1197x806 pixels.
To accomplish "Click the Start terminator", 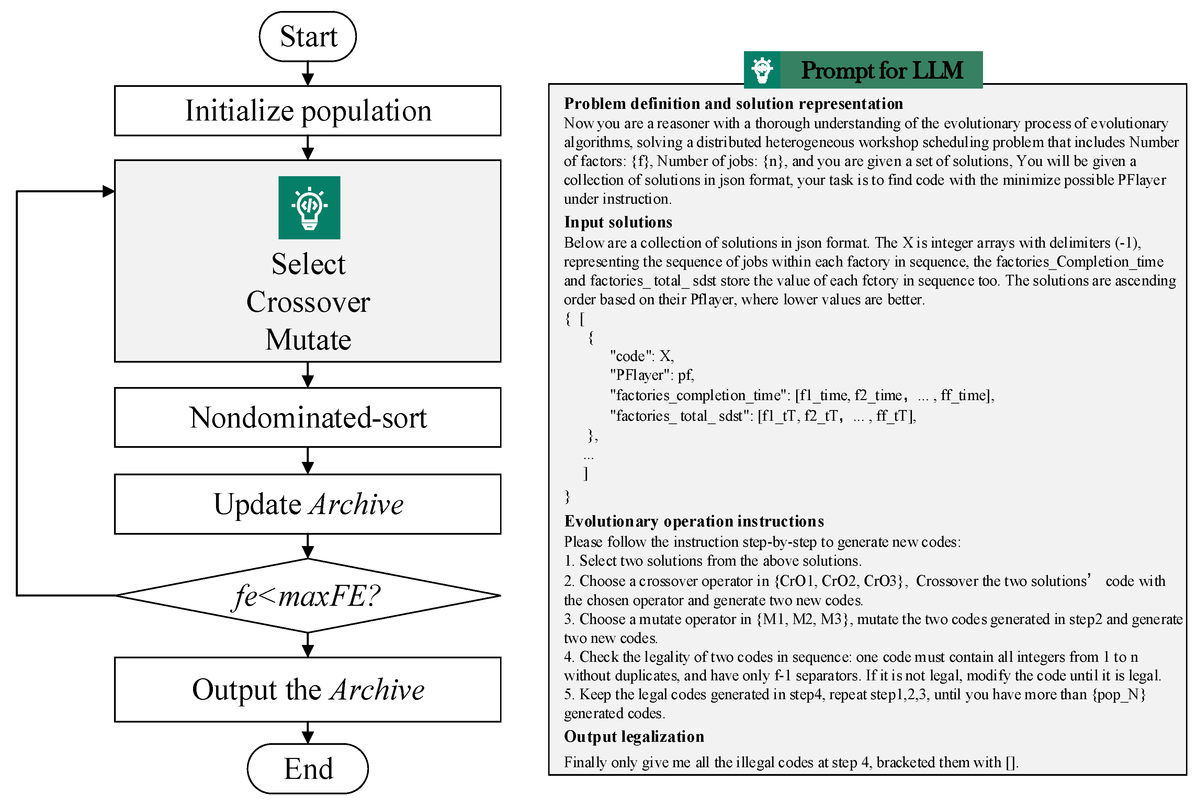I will (307, 36).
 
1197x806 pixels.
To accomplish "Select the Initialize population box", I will (307, 111).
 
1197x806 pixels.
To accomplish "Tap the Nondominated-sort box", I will (307, 417).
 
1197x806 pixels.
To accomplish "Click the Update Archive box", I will (307, 504).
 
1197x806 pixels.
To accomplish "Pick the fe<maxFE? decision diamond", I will (307, 595).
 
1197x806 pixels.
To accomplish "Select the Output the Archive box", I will (307, 689).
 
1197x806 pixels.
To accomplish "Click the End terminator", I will (307, 769).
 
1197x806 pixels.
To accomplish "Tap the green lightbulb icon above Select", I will (309, 208).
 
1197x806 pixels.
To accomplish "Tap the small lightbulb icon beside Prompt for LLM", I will (762, 70).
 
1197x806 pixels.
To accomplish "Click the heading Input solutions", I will (618, 222).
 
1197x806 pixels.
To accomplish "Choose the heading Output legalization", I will (634, 737).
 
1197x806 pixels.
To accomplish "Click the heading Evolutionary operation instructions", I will (694, 521).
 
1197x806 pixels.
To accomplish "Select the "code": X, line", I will (641, 356).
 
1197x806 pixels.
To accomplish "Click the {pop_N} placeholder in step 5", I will (1119, 694).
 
